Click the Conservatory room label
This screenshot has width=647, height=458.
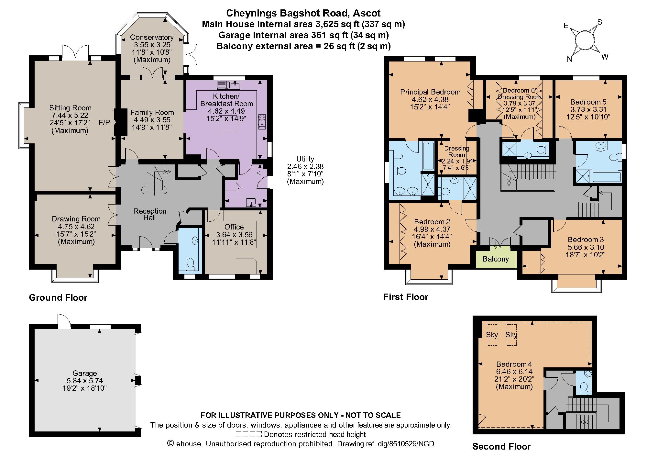pos(152,38)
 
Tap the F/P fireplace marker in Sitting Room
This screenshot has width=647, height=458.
pos(104,122)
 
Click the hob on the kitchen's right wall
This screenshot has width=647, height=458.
pos(261,122)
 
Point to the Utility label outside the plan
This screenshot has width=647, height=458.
pos(305,159)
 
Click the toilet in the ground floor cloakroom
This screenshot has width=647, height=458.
pos(190,263)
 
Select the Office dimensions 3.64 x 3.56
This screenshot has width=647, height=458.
pos(234,235)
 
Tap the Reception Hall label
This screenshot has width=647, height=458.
pos(150,214)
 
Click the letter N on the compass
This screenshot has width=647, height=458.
pos(569,59)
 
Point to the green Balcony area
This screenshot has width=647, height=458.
pos(496,259)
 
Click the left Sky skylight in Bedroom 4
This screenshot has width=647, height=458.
pos(492,335)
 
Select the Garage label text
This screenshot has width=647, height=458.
pos(84,373)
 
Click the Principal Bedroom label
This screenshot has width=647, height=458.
pos(430,92)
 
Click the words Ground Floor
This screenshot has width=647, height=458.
pos(58,298)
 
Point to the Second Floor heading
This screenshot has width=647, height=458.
pos(501,447)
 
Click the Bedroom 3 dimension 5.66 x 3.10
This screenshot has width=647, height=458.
pos(586,247)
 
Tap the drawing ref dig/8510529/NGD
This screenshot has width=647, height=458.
pos(406,444)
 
